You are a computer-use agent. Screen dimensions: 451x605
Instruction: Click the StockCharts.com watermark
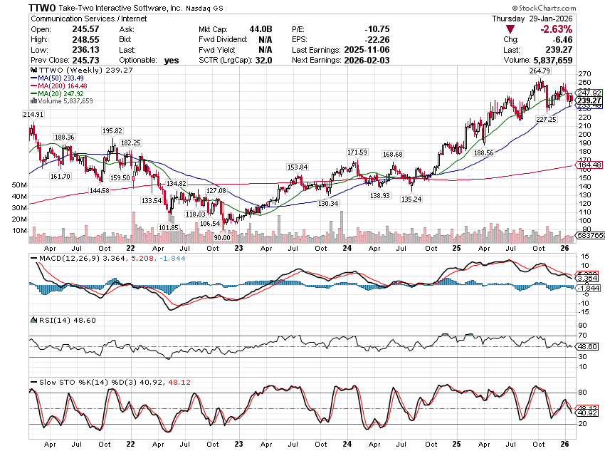pos(567,7)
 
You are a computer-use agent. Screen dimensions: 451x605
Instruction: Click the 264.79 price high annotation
pos(541,71)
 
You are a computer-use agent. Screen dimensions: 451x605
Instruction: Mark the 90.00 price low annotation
pos(223,238)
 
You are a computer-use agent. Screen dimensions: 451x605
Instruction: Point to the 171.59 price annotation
pos(357,152)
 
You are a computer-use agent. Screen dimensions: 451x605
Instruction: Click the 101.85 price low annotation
pos(167,227)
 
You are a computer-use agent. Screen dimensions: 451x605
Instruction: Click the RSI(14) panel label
pos(49,320)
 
